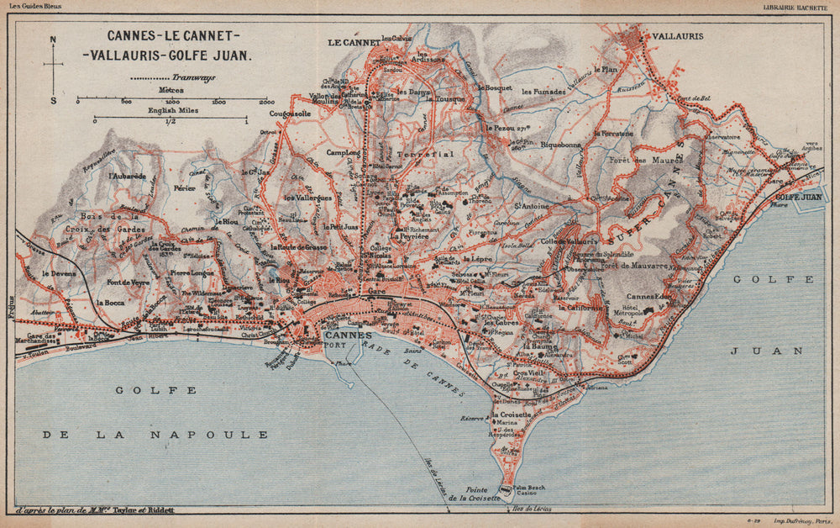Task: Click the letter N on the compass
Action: [x=53, y=39]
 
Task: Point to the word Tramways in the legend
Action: [x=174, y=77]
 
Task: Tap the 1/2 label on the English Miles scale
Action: [x=171, y=123]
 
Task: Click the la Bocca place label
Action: [x=111, y=302]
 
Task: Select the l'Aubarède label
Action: [x=127, y=177]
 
